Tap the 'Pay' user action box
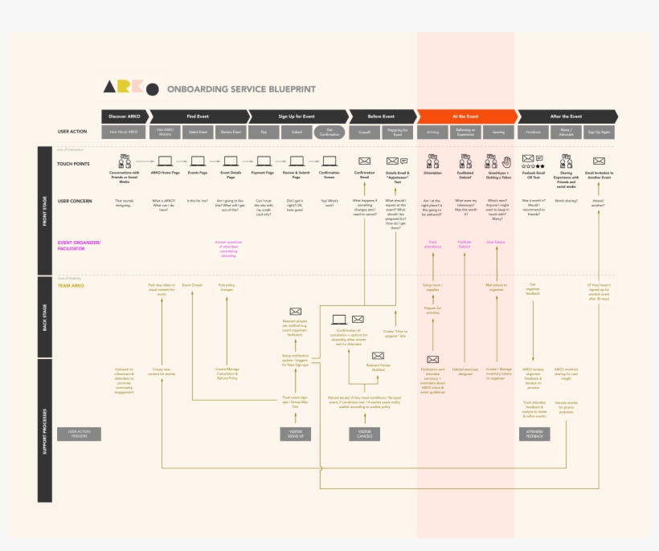[x=264, y=132]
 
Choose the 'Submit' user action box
[x=297, y=132]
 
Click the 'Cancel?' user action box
[x=364, y=132]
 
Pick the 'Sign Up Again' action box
[x=599, y=132]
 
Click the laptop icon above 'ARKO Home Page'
[x=165, y=161]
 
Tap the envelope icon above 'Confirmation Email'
[x=364, y=161]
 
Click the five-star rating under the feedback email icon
[x=533, y=166]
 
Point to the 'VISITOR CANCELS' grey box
[x=364, y=434]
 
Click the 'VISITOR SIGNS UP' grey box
[x=295, y=434]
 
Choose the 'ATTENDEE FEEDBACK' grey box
[x=534, y=434]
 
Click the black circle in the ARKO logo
[x=151, y=89]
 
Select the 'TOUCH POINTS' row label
[x=73, y=163]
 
